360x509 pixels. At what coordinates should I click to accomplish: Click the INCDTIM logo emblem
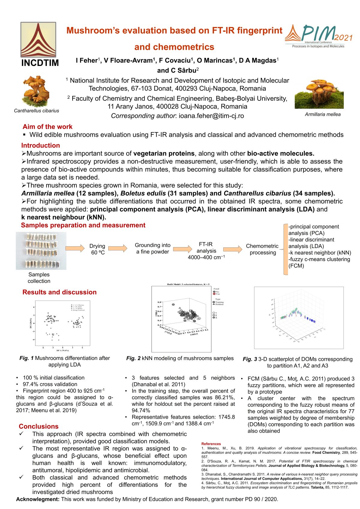click(38, 40)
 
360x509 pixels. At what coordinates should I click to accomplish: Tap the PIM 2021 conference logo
click(319, 36)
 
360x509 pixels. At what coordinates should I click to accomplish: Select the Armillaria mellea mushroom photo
click(319, 94)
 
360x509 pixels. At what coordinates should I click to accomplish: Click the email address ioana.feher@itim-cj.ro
click(211, 116)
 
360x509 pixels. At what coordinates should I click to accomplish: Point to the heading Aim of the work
click(47, 127)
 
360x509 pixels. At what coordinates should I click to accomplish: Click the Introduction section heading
click(40, 145)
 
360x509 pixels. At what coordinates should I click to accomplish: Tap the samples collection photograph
click(41, 251)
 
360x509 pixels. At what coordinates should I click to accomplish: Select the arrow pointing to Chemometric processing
click(232, 249)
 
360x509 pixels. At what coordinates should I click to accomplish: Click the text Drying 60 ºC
click(97, 249)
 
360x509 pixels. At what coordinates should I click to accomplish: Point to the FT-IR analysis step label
click(206, 248)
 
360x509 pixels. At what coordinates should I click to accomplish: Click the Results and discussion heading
click(59, 292)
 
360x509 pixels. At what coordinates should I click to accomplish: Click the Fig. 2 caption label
click(133, 358)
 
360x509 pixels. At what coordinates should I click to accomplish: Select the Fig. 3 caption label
click(250, 359)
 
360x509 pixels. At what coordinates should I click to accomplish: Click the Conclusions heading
click(39, 427)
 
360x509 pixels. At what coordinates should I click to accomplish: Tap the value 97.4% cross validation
click(50, 384)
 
